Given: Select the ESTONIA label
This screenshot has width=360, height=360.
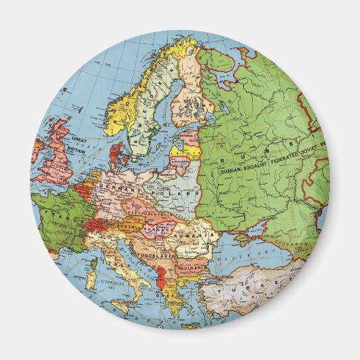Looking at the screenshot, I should click(x=190, y=135).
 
